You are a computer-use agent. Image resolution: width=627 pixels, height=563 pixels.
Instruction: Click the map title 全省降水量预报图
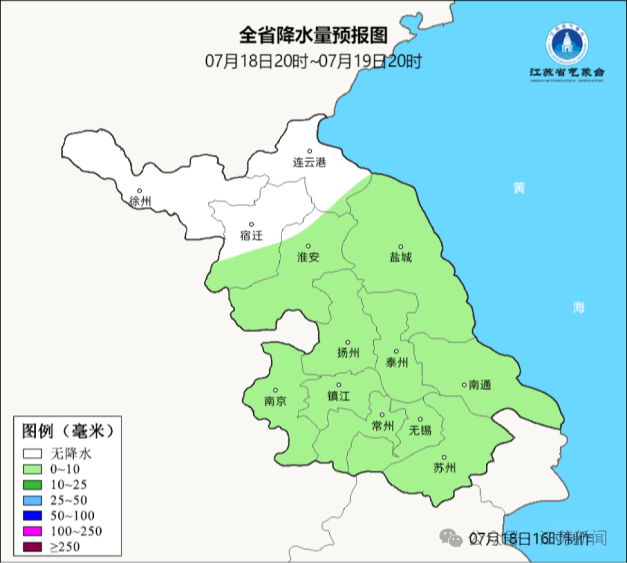click(x=313, y=35)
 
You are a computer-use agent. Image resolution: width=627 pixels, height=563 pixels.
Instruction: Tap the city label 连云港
click(x=309, y=163)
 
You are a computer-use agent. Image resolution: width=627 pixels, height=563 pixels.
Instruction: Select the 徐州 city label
click(x=140, y=202)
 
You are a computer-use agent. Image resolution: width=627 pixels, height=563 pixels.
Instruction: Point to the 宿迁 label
click(x=251, y=235)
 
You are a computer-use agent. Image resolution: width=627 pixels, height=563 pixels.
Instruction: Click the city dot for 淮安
click(x=308, y=246)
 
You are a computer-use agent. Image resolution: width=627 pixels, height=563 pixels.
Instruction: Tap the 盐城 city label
click(x=400, y=257)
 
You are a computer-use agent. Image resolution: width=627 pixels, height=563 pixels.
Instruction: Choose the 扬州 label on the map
click(x=348, y=353)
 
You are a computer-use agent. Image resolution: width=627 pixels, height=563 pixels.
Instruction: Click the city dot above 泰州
click(x=397, y=352)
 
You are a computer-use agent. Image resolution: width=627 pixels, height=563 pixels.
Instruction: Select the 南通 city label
click(x=480, y=385)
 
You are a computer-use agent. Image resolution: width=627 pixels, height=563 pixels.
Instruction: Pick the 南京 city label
click(x=275, y=401)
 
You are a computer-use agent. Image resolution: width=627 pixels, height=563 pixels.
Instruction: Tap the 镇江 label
click(x=338, y=396)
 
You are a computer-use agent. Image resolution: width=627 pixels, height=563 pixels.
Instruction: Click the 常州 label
click(x=383, y=426)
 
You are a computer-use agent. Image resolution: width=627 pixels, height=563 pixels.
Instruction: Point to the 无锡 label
click(x=420, y=430)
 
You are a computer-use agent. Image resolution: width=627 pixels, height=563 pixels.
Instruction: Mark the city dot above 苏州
click(x=444, y=458)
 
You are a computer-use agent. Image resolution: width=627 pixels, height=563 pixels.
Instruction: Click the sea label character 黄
click(x=519, y=188)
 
